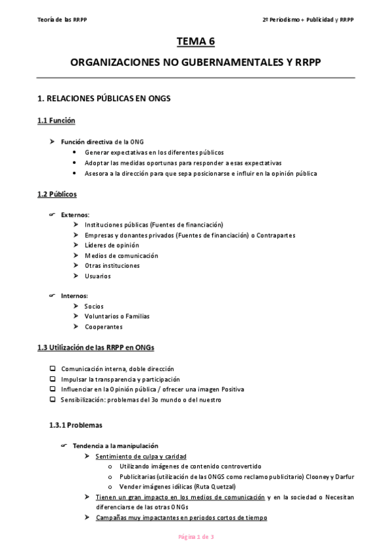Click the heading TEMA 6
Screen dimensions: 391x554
(x=195, y=42)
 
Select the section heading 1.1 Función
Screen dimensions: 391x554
(x=57, y=121)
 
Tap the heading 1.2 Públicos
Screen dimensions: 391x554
(x=57, y=194)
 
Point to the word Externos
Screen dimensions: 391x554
(x=75, y=214)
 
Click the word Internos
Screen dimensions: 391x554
(x=74, y=296)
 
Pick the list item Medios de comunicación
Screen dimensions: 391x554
(x=121, y=255)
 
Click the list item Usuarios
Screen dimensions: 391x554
(x=98, y=276)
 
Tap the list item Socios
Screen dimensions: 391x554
(x=94, y=306)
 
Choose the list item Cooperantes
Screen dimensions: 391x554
(x=103, y=327)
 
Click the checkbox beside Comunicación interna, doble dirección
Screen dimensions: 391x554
(x=53, y=369)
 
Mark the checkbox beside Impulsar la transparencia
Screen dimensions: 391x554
(x=53, y=379)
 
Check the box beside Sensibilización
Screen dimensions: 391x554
(x=53, y=399)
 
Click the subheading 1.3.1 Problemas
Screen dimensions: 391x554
(x=76, y=425)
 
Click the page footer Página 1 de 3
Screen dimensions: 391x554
(x=196, y=537)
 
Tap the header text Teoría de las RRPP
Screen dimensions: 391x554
(x=63, y=20)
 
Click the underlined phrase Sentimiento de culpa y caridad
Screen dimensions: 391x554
(x=140, y=456)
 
